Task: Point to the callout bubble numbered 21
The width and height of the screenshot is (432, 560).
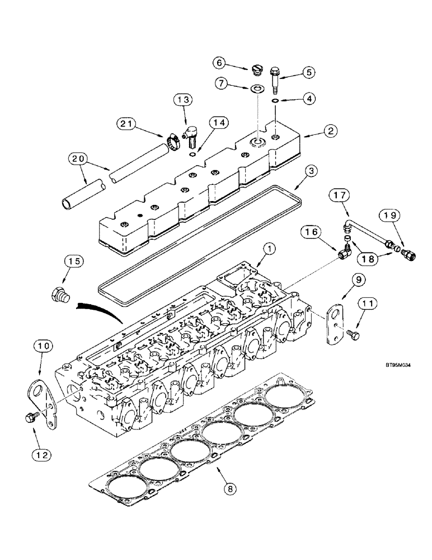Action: pyautogui.click(x=126, y=122)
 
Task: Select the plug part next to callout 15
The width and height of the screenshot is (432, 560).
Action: pyautogui.click(x=60, y=295)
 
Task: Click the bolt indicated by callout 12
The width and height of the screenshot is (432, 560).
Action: pyautogui.click(x=30, y=416)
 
